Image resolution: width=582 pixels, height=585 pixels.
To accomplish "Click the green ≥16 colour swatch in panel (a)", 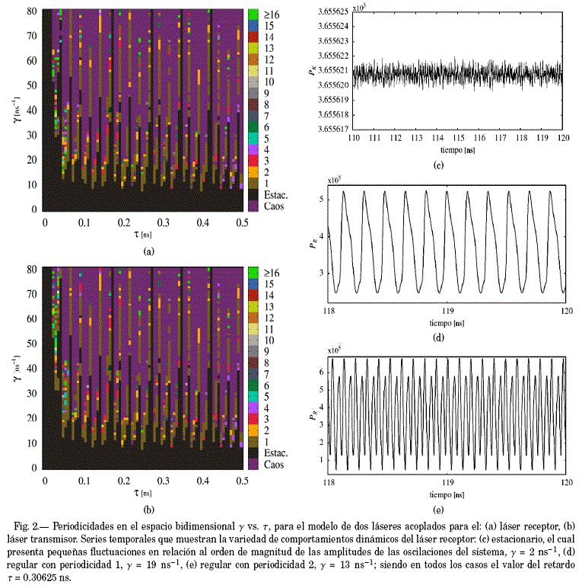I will (x=253, y=13).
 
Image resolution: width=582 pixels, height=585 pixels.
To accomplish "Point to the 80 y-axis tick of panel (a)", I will (x=34, y=12).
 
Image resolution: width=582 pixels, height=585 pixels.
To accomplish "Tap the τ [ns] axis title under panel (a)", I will (x=144, y=235).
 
